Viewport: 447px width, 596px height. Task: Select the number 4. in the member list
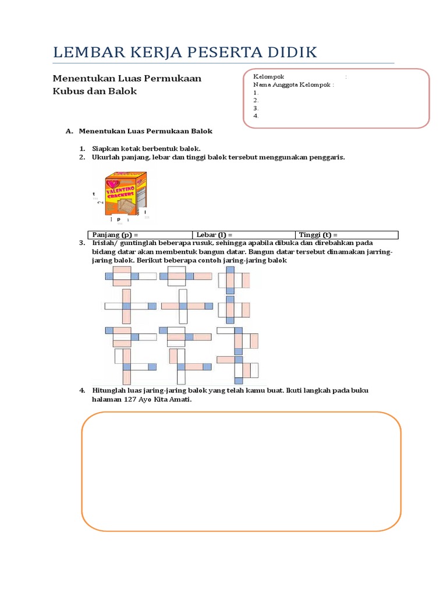(x=256, y=115)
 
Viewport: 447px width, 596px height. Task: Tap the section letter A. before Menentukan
(x=69, y=132)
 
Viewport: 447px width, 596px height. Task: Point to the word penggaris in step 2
(x=328, y=157)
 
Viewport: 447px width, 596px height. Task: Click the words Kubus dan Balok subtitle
(x=95, y=91)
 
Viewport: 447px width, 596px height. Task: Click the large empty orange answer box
(x=241, y=471)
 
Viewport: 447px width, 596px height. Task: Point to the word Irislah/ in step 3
(x=106, y=243)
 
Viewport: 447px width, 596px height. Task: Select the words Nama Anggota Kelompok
(x=293, y=84)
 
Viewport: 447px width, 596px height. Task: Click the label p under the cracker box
(x=119, y=219)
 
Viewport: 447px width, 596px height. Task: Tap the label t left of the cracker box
(x=94, y=193)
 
